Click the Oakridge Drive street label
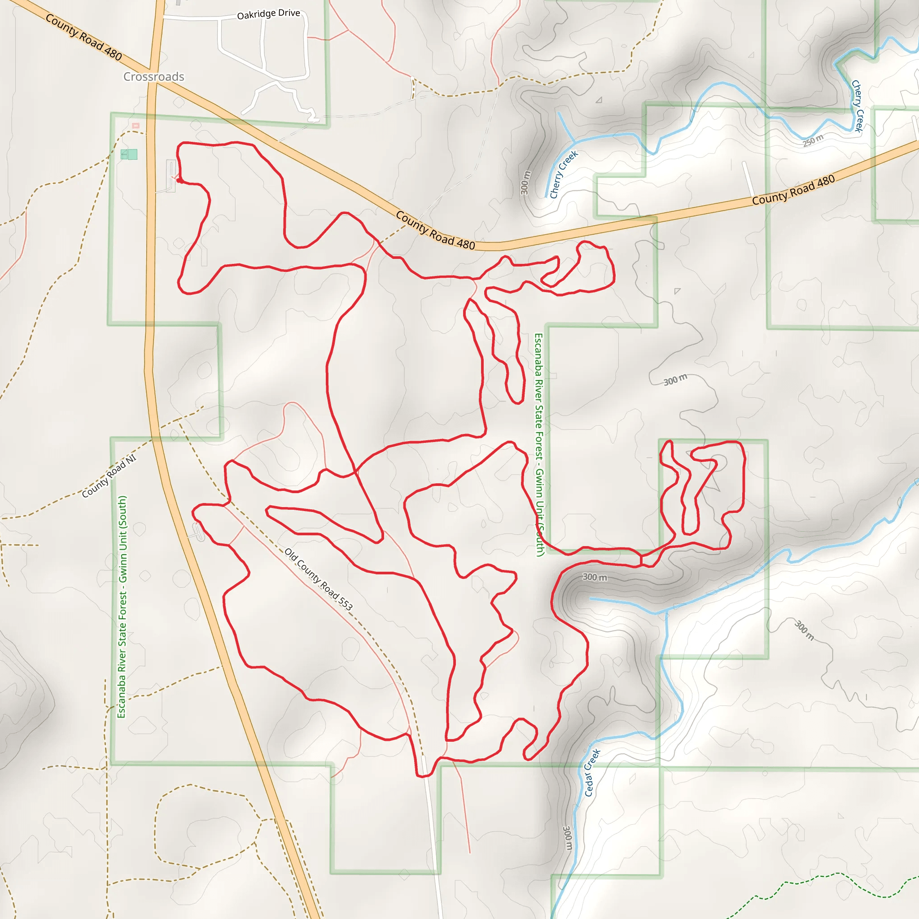(x=268, y=14)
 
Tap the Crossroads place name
(x=153, y=77)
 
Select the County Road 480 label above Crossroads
(x=84, y=37)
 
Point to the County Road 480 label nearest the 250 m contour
(x=793, y=190)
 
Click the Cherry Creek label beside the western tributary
(x=564, y=174)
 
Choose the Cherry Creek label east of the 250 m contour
(x=858, y=105)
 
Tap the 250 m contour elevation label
(x=813, y=141)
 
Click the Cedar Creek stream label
(x=592, y=773)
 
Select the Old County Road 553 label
(x=318, y=579)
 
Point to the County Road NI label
(x=109, y=476)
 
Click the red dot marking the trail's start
(x=179, y=180)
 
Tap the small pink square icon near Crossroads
(x=136, y=126)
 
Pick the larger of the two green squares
(x=133, y=154)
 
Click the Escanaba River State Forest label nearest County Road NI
(x=122, y=607)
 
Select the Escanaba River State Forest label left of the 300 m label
(x=539, y=445)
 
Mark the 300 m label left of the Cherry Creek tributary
(x=525, y=183)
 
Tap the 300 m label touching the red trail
(x=595, y=577)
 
